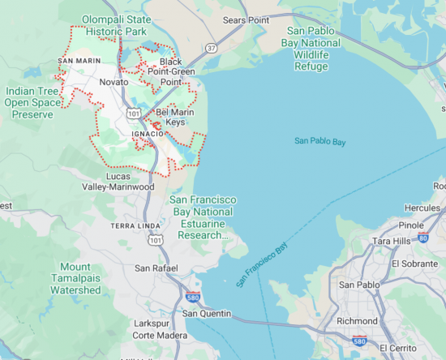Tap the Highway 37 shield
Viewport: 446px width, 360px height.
211,48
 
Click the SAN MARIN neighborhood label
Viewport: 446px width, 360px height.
79,61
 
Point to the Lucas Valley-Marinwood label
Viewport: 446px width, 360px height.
130,181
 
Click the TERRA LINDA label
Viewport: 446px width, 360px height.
132,225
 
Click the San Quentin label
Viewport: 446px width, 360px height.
207,314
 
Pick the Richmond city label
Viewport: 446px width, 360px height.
357,321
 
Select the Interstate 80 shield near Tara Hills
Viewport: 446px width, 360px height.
422,237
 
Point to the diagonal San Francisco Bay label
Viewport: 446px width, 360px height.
262,265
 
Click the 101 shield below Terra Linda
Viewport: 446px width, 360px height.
155,239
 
